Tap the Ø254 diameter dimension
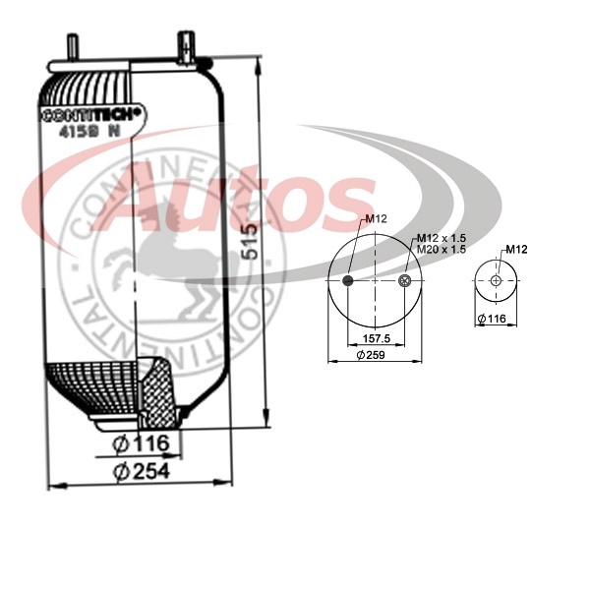[142, 471]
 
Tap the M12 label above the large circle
[376, 218]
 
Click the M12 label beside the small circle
[517, 249]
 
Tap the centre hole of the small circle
[496, 281]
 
